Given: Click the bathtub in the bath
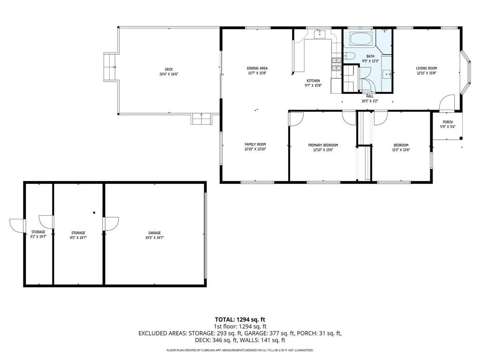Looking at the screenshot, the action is coord(361,39).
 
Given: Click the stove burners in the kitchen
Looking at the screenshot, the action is coord(337,65).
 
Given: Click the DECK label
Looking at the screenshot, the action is coord(169,69).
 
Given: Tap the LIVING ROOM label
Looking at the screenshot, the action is coord(426,68).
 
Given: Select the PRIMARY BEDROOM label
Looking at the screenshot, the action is coord(323,145).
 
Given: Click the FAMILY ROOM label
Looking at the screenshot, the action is coord(255,144).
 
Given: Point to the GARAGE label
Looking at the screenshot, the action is coord(155,233).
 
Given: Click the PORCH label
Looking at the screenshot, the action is coord(448,122).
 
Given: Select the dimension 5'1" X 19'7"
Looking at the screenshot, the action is coord(38,237).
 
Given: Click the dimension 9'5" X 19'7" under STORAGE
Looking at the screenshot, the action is coord(78,238).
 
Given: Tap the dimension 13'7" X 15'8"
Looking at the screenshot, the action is coord(257,73).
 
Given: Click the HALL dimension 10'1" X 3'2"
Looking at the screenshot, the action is coord(370,101).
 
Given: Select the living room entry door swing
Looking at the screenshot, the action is coord(447,102).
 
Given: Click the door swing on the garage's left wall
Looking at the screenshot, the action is coord(111,224).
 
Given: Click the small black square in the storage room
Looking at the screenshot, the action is coord(94,212).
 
